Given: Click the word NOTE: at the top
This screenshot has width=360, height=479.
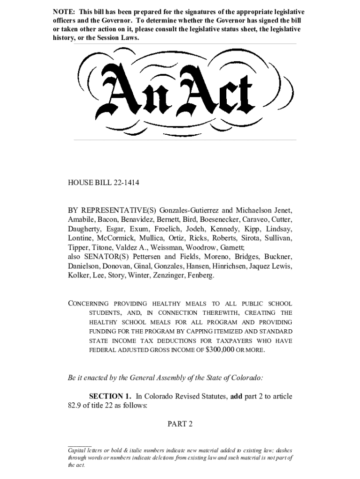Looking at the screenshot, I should click(63, 12).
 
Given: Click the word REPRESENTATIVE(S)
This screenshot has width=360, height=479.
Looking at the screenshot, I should click(114, 210).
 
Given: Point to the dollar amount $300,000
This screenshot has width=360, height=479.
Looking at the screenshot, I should click(220, 349).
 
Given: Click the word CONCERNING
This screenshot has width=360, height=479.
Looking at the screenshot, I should click(88, 304).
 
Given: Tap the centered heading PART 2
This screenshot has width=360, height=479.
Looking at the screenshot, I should click(180, 424).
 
